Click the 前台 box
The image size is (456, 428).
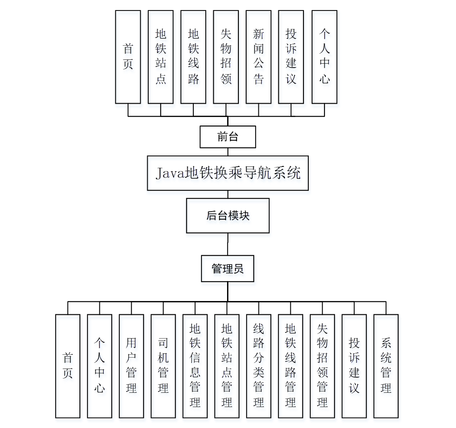click(x=228, y=137)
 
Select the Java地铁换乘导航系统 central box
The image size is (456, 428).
click(x=228, y=173)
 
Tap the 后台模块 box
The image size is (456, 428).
click(x=228, y=215)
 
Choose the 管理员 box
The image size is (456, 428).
click(x=228, y=269)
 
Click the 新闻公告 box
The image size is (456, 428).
click(x=258, y=57)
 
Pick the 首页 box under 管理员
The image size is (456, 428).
click(x=67, y=366)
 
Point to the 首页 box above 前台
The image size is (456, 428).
click(x=128, y=57)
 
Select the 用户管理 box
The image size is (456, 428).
click(x=131, y=366)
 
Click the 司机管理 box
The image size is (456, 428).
click(x=163, y=366)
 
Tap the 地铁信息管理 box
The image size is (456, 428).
click(x=195, y=366)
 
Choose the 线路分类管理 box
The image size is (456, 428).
click(x=258, y=366)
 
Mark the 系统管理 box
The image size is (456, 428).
click(x=386, y=366)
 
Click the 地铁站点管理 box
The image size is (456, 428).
click(x=227, y=366)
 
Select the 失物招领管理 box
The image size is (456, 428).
click(x=322, y=366)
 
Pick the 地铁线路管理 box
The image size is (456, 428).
click(x=290, y=366)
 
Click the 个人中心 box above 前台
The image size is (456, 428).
click(x=324, y=57)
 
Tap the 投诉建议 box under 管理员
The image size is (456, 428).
click(x=354, y=366)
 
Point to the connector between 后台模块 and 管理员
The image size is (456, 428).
click(x=228, y=244)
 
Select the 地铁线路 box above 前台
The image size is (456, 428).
click(x=193, y=57)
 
